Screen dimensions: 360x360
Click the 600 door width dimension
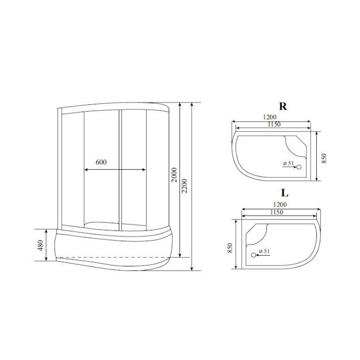click(x=101, y=162)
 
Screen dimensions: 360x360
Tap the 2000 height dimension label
click(x=175, y=175)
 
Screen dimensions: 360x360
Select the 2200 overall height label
click(x=184, y=186)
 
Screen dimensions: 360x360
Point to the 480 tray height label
click(x=40, y=245)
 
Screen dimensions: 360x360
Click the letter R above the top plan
click(x=283, y=106)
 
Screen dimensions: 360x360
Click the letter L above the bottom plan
click(x=285, y=193)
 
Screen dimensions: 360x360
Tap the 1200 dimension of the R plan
click(x=270, y=117)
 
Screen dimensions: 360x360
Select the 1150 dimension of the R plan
click(x=274, y=124)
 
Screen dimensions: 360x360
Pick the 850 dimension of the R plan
click(x=324, y=158)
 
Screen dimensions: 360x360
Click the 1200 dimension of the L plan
click(x=280, y=204)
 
